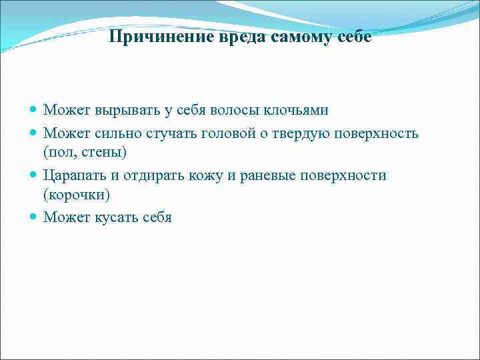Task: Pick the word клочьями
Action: [x=297, y=110]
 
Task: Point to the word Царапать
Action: [x=71, y=175]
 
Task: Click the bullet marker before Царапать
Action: [x=34, y=175]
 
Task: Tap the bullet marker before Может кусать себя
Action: [x=34, y=217]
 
